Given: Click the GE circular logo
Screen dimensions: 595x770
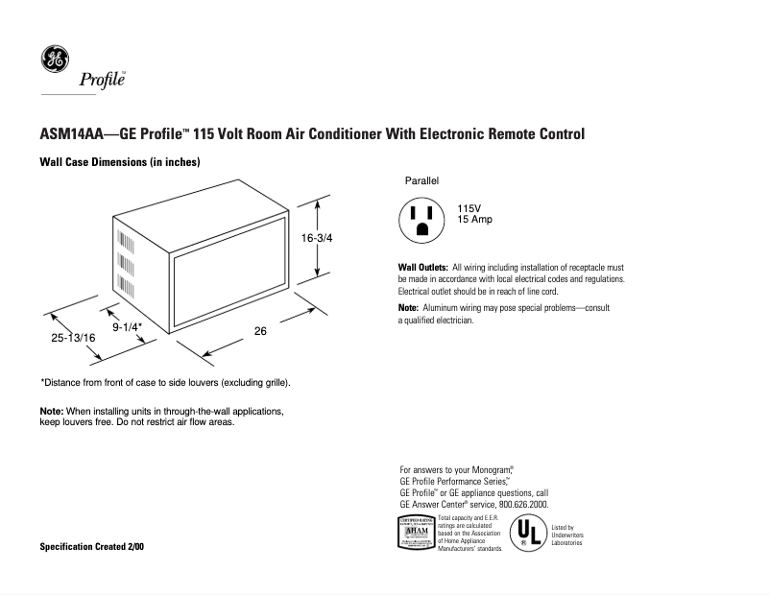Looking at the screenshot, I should click(54, 59).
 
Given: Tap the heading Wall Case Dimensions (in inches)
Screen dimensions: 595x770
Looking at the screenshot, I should click(119, 162).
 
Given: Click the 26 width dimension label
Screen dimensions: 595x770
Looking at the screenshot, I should click(259, 331).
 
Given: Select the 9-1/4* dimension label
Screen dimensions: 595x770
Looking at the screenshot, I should click(128, 327).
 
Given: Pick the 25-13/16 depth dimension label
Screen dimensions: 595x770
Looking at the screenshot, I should click(73, 338).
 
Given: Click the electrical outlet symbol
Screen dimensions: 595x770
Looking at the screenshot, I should click(421, 220).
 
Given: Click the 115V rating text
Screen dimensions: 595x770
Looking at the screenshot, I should click(469, 209).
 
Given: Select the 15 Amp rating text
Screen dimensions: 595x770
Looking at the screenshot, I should click(474, 221).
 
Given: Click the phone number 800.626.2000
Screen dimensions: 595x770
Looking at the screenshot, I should click(519, 504).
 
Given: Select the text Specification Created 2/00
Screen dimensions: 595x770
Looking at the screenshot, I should click(92, 546).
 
